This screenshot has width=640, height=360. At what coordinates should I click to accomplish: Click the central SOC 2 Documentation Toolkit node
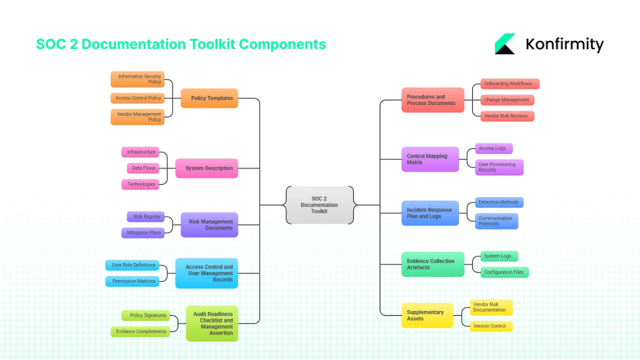(x=319, y=205)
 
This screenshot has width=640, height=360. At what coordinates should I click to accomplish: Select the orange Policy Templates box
(x=209, y=98)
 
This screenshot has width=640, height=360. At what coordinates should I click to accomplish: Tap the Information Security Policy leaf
(x=137, y=79)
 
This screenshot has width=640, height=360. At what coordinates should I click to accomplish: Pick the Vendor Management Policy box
(x=137, y=117)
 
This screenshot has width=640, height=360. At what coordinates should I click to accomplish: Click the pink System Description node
(x=206, y=168)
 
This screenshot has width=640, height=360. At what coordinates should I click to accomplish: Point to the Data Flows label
(x=143, y=168)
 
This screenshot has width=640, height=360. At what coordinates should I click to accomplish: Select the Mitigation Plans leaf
(x=143, y=232)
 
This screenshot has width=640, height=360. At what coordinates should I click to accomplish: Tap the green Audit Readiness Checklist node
(x=212, y=323)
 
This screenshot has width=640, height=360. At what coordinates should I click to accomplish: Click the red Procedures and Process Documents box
(x=432, y=100)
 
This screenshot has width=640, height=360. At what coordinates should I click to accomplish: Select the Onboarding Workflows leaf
(x=510, y=83)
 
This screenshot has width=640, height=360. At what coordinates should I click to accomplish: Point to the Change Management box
(x=507, y=100)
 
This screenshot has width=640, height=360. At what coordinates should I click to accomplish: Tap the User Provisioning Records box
(x=499, y=167)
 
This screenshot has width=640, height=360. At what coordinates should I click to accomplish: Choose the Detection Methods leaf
(x=499, y=202)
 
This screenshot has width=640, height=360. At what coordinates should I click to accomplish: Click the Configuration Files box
(x=504, y=272)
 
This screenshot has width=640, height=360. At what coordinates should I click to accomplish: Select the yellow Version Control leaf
(x=491, y=326)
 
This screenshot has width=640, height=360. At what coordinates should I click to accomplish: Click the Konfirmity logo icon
(x=505, y=44)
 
